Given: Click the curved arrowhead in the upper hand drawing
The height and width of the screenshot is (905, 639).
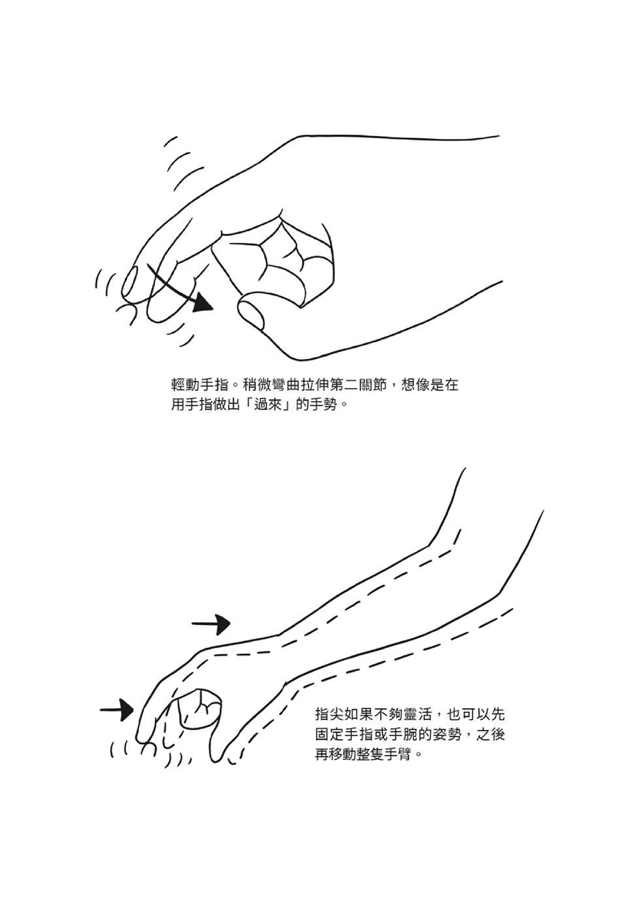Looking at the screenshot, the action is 203,303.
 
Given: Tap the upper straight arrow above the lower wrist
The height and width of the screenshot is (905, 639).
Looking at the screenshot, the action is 211,624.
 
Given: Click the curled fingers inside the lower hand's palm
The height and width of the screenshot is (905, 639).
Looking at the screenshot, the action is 199,709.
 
